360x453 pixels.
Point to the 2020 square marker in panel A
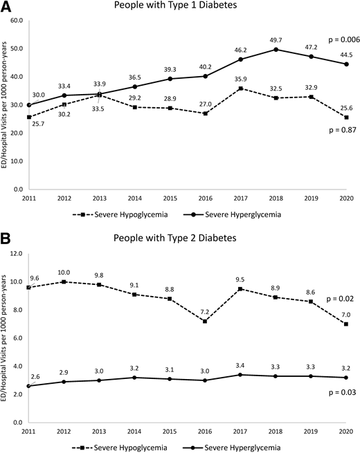337,117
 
